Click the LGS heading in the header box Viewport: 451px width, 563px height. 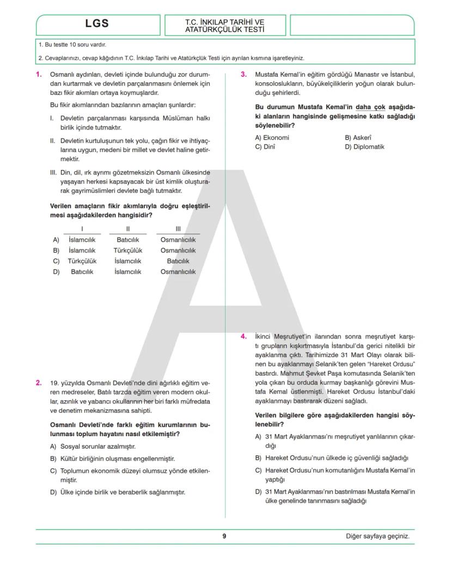coord(97,23)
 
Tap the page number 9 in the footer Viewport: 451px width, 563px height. coord(224,536)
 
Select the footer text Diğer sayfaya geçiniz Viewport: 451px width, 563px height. coord(377,536)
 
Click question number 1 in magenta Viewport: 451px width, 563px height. coord(39,75)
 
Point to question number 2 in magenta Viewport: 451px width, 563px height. coord(39,382)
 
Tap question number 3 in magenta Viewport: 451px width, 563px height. coord(243,75)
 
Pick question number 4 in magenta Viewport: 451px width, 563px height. coord(243,336)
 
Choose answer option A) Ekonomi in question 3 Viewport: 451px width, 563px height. coord(272,138)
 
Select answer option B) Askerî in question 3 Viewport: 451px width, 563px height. coord(358,138)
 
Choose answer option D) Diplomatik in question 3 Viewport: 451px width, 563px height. coord(364,146)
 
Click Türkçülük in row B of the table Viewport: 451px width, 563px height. coord(128,250)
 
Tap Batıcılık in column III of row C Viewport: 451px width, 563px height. coord(178,261)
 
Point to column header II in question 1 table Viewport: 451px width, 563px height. coord(128,229)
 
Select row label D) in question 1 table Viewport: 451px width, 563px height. coord(56,272)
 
